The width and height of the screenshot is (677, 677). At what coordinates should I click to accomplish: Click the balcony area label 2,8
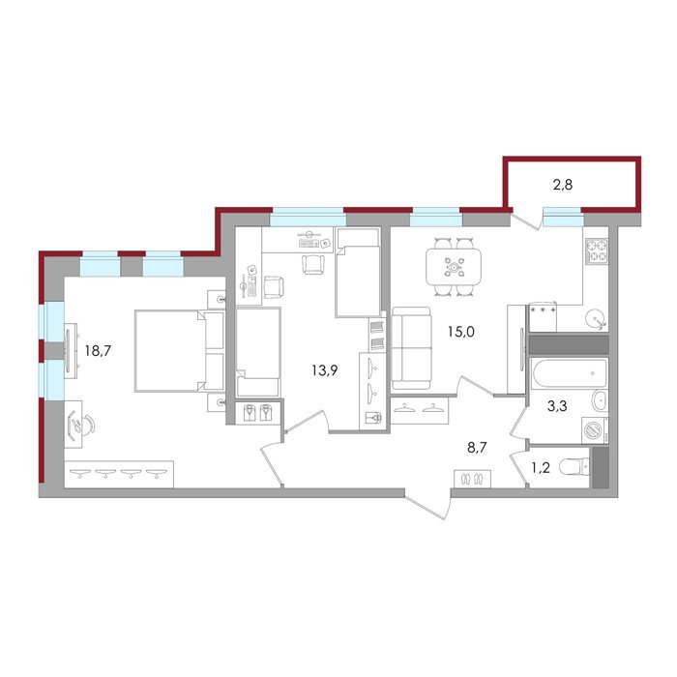point(563,185)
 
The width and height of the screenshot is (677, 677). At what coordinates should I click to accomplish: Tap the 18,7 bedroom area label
point(98,350)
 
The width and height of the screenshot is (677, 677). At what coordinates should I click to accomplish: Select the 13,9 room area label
point(325,369)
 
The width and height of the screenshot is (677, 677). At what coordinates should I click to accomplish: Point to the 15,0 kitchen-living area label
point(460,332)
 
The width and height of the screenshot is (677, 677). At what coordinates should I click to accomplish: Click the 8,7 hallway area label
point(477,447)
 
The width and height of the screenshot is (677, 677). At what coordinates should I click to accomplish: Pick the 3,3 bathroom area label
point(557,406)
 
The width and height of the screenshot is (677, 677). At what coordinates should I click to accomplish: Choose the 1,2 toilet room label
point(540,467)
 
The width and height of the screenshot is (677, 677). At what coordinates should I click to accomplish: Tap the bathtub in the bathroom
point(570,372)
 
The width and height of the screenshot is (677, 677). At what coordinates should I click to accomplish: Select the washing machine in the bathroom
point(595,429)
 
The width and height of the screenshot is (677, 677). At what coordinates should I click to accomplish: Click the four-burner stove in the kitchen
point(597,251)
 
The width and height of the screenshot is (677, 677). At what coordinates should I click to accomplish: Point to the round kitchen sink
point(597,319)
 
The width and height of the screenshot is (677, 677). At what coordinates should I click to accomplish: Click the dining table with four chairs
point(454,267)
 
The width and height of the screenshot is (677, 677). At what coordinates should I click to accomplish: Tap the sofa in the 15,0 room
point(411,348)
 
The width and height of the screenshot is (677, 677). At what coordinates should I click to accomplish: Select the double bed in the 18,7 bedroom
point(180,350)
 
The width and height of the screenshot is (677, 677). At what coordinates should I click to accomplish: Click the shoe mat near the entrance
point(472,479)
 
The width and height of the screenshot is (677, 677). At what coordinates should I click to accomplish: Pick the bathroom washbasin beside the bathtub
point(599,401)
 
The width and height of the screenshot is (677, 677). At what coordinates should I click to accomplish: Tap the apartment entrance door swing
point(427,504)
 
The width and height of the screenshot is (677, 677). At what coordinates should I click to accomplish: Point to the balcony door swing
point(526,220)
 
